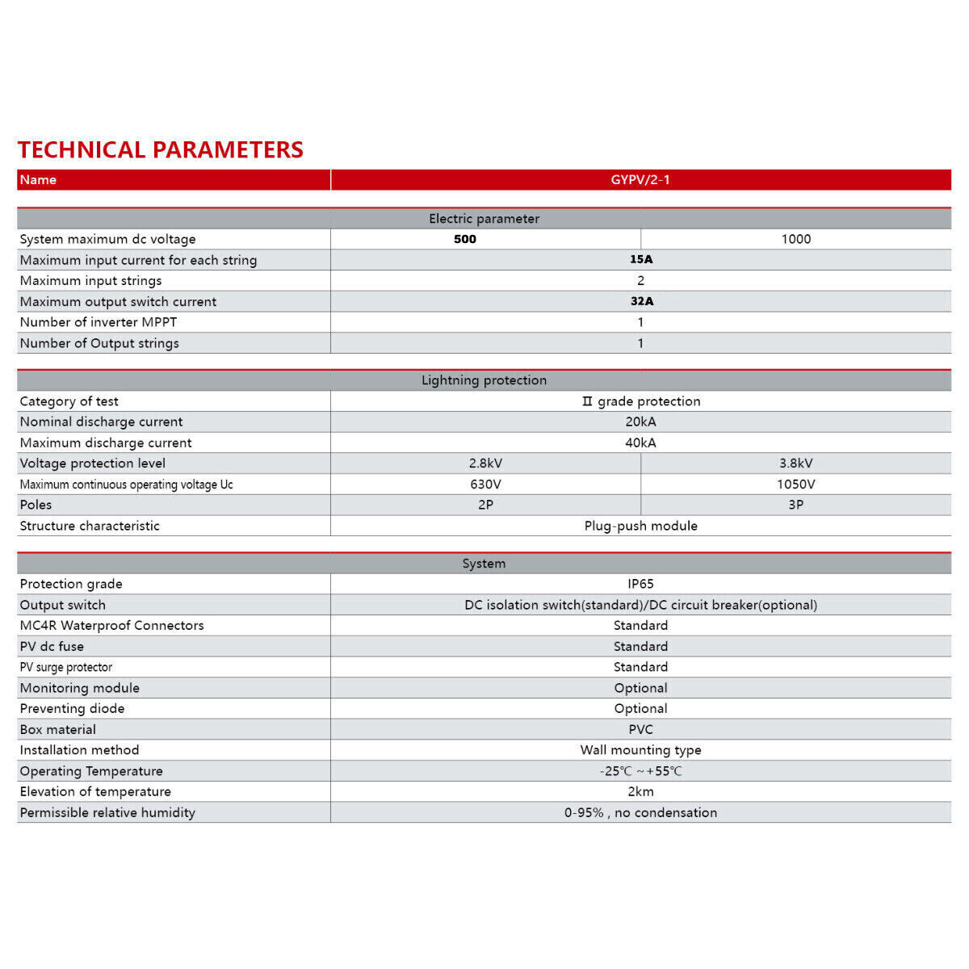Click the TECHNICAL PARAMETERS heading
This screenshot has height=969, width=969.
(161, 149)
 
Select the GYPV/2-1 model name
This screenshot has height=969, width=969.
(640, 179)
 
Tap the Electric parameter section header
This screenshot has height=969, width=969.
(484, 219)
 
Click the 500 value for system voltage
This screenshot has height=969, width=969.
(465, 239)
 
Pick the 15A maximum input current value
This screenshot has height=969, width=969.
(641, 259)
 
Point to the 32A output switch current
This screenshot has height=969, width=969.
(642, 301)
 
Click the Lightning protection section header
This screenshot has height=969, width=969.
(484, 380)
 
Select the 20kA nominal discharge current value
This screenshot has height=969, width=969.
(640, 422)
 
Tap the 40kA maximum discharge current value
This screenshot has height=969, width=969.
(640, 443)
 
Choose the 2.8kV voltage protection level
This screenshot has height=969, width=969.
(485, 464)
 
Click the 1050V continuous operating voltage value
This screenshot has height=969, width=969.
(796, 484)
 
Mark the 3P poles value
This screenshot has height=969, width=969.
(796, 505)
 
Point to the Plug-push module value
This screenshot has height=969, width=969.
(640, 526)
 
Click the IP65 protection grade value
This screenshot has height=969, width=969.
(640, 584)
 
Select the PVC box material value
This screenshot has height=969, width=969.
(640, 729)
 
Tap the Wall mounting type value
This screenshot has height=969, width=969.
(640, 750)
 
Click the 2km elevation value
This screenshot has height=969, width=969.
(640, 791)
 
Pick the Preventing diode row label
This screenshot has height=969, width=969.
(73, 708)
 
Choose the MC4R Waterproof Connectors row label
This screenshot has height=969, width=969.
(112, 625)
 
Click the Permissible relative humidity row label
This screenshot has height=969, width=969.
(107, 812)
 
